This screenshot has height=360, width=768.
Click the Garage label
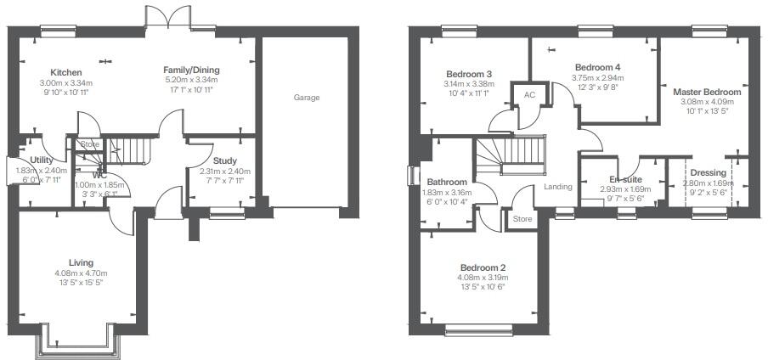307,98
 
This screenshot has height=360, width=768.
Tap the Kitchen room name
65,72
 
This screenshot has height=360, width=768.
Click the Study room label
225,160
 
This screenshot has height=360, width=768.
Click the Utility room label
42,160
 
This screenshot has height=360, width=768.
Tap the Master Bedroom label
706,92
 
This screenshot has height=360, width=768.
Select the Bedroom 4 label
596,67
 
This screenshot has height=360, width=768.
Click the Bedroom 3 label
468,74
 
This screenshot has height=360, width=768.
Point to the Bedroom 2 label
483,267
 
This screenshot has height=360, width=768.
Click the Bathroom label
447,182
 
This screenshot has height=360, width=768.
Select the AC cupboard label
529,95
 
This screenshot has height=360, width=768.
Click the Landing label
558,187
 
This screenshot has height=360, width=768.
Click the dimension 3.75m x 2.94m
596,77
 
